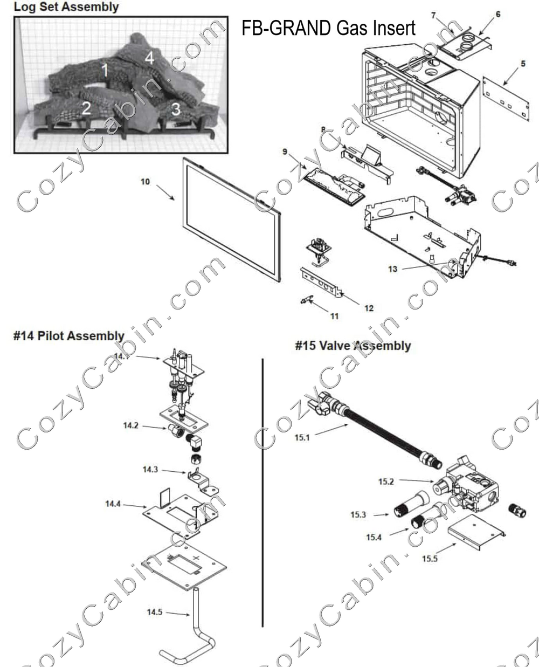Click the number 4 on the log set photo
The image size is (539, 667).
tap(149, 57)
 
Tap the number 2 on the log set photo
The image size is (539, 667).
tap(86, 108)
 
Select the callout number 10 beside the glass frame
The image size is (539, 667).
tap(145, 182)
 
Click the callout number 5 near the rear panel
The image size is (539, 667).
tap(522, 64)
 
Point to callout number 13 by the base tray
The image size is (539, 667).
tap(392, 268)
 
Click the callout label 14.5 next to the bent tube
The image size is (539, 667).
tap(155, 611)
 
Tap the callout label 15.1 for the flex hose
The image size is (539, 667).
tap(302, 437)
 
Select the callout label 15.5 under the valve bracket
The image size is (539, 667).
tap(430, 558)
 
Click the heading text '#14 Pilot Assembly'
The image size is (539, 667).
tap(68, 336)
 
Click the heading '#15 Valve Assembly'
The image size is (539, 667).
tap(353, 346)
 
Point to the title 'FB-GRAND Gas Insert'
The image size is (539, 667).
tap(328, 27)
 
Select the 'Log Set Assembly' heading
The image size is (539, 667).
tap(66, 7)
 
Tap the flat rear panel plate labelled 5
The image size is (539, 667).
tap(505, 99)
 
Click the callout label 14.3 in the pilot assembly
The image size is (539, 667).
tap(150, 470)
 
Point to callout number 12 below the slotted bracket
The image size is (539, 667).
tap(369, 308)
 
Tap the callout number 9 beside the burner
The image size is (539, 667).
tap(285, 152)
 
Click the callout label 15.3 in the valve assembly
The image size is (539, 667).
tap(358, 514)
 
